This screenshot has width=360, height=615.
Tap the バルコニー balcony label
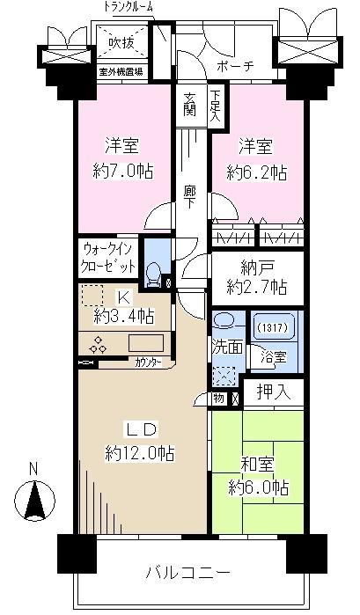pyautogui.click(x=188, y=573)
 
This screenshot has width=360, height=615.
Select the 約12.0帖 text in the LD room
pyautogui.click(x=139, y=454)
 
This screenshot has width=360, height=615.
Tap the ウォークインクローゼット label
pyautogui.click(x=109, y=257)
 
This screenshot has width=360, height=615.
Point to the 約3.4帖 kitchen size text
pyautogui.click(x=124, y=315)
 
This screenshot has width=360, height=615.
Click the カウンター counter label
pyautogui.click(x=149, y=361)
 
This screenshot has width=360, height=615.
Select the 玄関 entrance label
pyautogui.click(x=190, y=104)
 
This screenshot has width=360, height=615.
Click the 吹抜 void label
pyautogui.click(x=121, y=42)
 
